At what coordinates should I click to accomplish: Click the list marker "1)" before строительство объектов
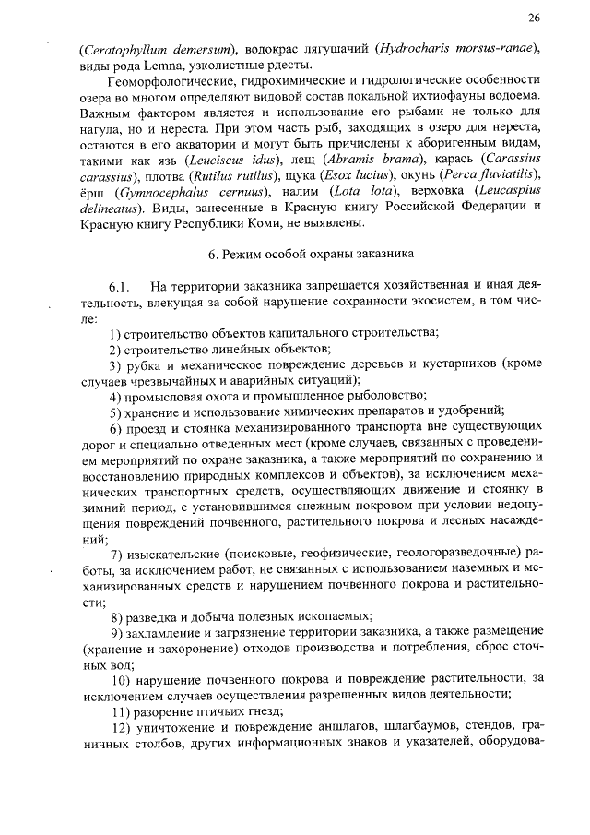pyautogui.click(x=115, y=332)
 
